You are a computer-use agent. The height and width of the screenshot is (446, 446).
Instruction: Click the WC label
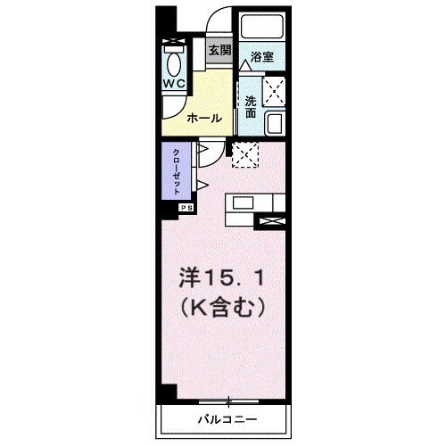[x=173, y=83]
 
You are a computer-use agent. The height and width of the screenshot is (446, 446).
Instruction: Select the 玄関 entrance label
[x=219, y=51]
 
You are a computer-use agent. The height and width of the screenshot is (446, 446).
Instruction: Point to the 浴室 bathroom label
[x=260, y=57]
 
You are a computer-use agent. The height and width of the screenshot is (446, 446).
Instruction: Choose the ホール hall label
[x=204, y=117]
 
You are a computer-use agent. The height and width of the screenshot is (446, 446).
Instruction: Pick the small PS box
[x=186, y=208]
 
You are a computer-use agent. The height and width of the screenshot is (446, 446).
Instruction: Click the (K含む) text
[x=224, y=309]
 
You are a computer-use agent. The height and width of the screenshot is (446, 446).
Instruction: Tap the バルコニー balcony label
[x=227, y=418]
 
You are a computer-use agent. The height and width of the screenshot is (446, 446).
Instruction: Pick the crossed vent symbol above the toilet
[x=172, y=41]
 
